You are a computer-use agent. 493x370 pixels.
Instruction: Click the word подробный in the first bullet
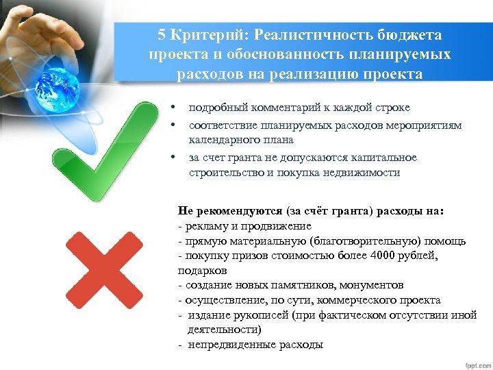pyautogui.click(x=215, y=108)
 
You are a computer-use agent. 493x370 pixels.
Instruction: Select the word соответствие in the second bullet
pyautogui.click(x=222, y=125)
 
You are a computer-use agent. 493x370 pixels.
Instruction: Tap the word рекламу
pyautogui.click(x=203, y=225)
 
